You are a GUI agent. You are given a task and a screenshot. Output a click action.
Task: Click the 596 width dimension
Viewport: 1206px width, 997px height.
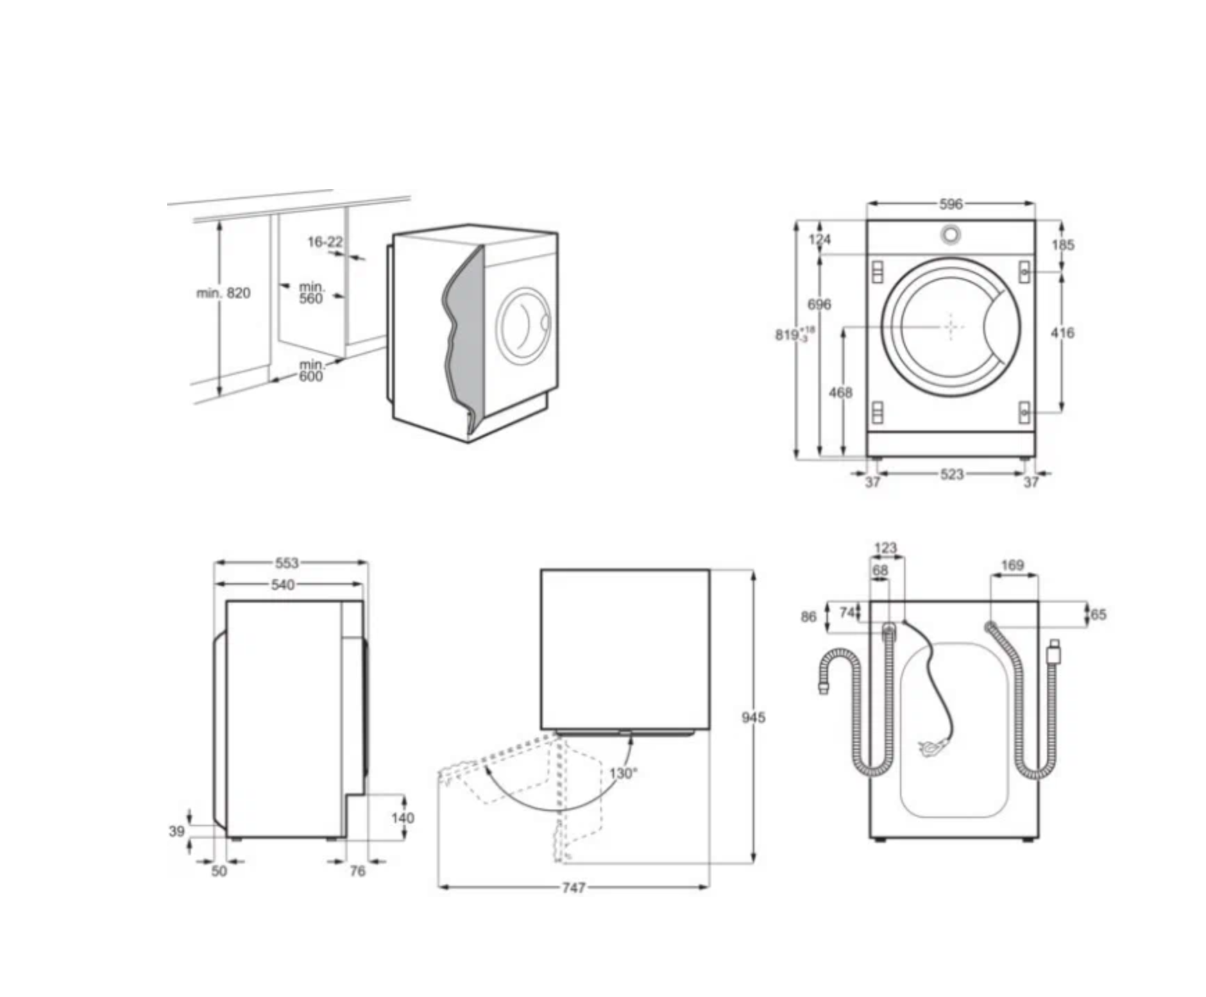point(951,204)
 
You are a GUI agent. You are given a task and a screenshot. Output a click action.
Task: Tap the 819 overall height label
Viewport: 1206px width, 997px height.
point(795,334)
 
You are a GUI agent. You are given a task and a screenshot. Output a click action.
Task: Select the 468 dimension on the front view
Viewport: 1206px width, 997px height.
point(840,392)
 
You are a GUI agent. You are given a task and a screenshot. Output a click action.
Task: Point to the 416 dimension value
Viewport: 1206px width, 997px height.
point(1062,333)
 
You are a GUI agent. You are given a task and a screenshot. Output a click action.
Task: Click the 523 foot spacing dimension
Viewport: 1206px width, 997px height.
point(951,474)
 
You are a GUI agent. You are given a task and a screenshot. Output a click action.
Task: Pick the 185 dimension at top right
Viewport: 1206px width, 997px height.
point(1062,244)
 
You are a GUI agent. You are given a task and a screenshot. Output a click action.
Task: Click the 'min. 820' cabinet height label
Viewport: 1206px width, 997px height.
point(223,293)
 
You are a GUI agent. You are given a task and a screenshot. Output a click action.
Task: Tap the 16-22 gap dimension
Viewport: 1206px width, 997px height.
point(325,242)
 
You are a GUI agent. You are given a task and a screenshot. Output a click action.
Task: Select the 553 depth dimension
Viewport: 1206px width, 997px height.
point(287,563)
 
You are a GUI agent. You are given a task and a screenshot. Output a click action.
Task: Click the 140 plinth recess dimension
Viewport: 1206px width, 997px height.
point(402,818)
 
